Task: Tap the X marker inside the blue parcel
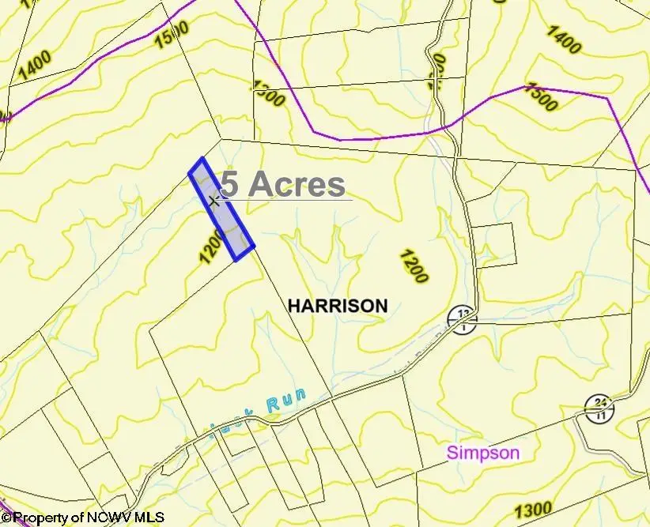[x=214, y=201]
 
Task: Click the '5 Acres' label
[x=283, y=184]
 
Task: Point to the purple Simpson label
[x=483, y=453]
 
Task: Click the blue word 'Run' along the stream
[x=285, y=402]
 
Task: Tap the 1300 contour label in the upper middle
[x=268, y=92]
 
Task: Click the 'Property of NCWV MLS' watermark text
[x=82, y=518]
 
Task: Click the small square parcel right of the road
[x=495, y=244]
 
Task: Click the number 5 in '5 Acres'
[x=229, y=184]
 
